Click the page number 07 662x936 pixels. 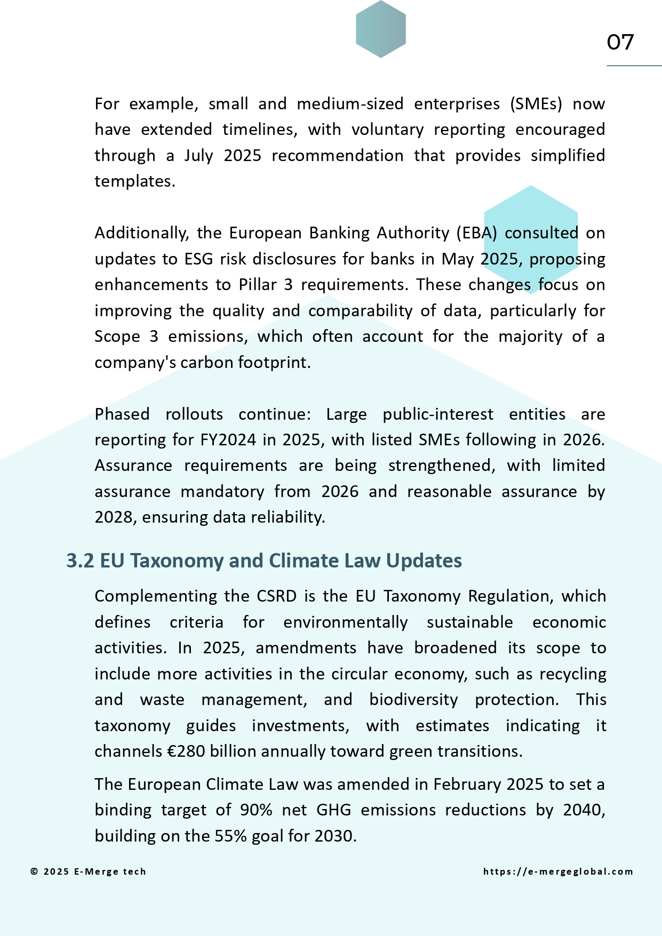[x=620, y=42]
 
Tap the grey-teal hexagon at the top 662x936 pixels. [x=381, y=29]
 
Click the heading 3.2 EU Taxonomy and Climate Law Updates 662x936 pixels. [x=264, y=561]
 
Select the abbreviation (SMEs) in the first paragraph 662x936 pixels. [x=536, y=103]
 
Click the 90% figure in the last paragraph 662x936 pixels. [x=256, y=810]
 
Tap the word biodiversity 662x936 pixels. [x=413, y=700]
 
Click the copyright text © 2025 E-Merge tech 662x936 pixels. [x=88, y=871]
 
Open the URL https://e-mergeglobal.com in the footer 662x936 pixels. [x=558, y=871]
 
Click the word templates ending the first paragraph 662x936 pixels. [x=134, y=181]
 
